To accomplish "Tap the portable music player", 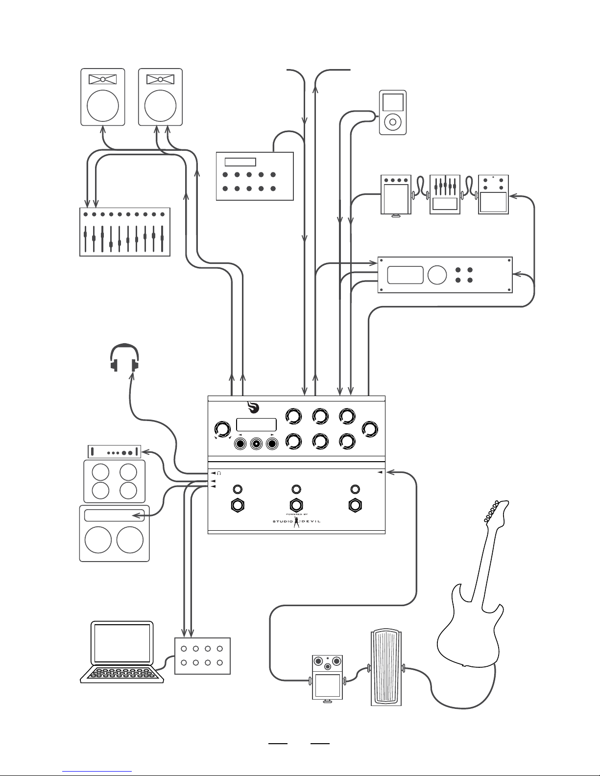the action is [392, 113].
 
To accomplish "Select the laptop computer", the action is [122, 652].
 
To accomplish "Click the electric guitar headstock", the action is [497, 512].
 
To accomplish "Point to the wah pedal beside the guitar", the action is [386, 668].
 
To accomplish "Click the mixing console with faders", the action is [124, 232].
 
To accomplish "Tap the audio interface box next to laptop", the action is [202, 656].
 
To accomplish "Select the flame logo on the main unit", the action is [253, 407].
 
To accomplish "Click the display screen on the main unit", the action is [257, 424].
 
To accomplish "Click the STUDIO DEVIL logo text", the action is [296, 521].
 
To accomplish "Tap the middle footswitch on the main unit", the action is [296, 505].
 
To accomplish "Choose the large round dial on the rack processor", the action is [437, 275].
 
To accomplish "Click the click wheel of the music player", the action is [393, 122].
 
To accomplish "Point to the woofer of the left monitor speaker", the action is [103, 106].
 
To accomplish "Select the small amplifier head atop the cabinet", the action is [114, 452].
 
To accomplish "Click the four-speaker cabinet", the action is [114, 481].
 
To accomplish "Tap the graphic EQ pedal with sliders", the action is [445, 195].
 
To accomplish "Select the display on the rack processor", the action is [406, 275].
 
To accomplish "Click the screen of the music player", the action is [393, 102].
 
